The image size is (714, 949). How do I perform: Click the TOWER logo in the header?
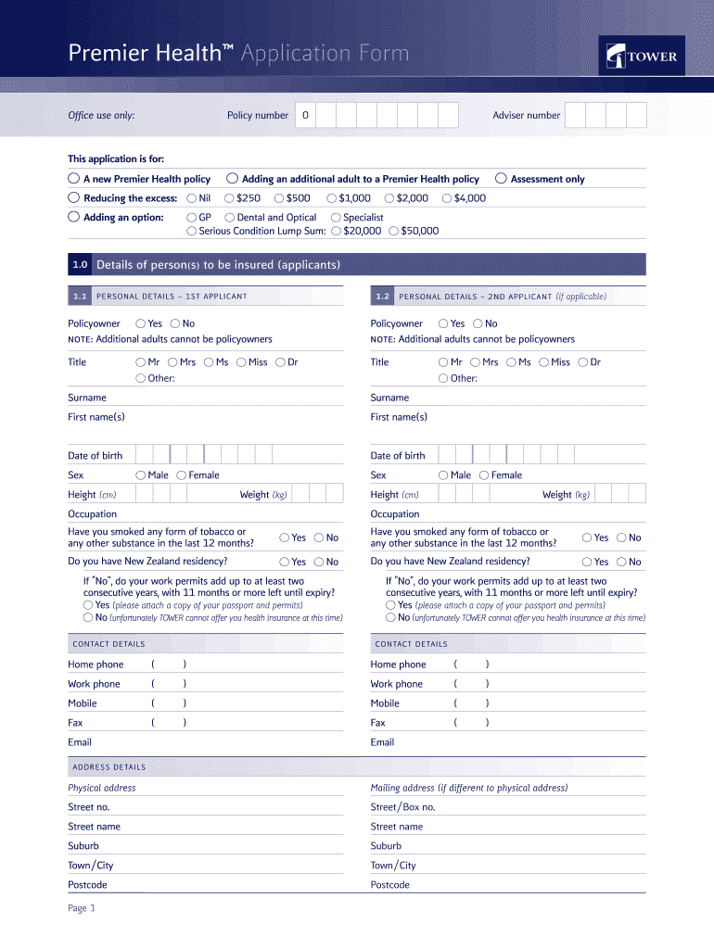coord(644,57)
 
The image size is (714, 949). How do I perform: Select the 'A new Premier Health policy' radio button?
coord(73,179)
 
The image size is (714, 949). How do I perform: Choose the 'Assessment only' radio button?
coord(502,179)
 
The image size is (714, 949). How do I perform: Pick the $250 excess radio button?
coord(229,198)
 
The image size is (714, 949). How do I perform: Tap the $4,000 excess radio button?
coord(447,198)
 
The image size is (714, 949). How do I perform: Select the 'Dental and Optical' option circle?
coord(229,218)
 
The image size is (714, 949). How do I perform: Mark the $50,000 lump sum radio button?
coord(394,231)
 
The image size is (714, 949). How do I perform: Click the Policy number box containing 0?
coord(304,116)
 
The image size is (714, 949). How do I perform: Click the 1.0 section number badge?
coord(80,265)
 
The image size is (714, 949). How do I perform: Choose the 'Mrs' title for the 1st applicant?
coord(172,362)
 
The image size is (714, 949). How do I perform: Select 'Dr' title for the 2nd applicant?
coord(582,362)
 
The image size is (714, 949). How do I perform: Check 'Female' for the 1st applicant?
coord(182,475)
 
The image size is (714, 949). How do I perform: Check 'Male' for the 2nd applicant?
coord(443,475)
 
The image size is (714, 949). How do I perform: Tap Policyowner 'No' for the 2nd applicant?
coord(478,323)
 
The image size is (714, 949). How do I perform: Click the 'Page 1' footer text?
coord(82,908)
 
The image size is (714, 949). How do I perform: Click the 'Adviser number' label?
coord(526,116)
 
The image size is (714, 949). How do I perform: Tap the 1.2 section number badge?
coord(382,297)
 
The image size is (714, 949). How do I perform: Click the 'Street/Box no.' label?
coord(402,807)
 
